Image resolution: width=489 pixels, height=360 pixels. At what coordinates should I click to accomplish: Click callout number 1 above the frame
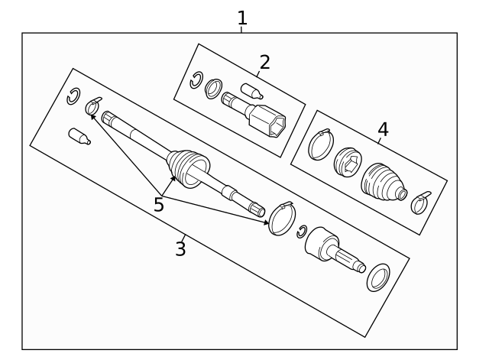pyautogui.click(x=242, y=18)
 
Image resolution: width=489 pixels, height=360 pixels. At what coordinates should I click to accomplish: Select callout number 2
pyautogui.click(x=264, y=62)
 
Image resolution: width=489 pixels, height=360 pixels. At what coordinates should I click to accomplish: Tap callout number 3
pyautogui.click(x=180, y=248)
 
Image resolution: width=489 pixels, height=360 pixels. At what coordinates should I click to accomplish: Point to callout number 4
pyautogui.click(x=383, y=129)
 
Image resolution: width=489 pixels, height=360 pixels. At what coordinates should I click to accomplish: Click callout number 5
pyautogui.click(x=159, y=205)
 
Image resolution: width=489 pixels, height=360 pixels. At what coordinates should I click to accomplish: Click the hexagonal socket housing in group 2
pyautogui.click(x=267, y=121)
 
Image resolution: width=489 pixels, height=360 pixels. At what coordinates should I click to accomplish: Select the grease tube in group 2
pyautogui.click(x=251, y=91)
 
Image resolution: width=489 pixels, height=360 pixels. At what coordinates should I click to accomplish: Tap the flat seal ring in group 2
pyautogui.click(x=214, y=89)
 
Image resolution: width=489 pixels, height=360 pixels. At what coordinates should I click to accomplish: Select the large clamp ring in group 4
pyautogui.click(x=321, y=144)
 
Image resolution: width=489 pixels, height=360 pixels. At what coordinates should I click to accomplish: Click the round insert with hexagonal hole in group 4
pyautogui.click(x=348, y=163)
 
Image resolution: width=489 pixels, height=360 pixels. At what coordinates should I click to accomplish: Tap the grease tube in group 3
pyautogui.click(x=79, y=137)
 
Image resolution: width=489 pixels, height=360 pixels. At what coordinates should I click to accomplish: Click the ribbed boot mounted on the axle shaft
pyautogui.click(x=188, y=168)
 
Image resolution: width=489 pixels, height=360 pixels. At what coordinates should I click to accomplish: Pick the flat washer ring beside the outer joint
pyautogui.click(x=378, y=277)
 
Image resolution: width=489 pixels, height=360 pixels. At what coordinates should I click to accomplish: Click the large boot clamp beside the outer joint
pyautogui.click(x=282, y=218)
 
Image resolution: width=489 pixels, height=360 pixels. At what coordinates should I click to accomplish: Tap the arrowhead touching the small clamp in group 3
pyautogui.click(x=92, y=117)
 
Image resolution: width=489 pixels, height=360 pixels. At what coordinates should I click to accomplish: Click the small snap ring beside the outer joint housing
pyautogui.click(x=301, y=232)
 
